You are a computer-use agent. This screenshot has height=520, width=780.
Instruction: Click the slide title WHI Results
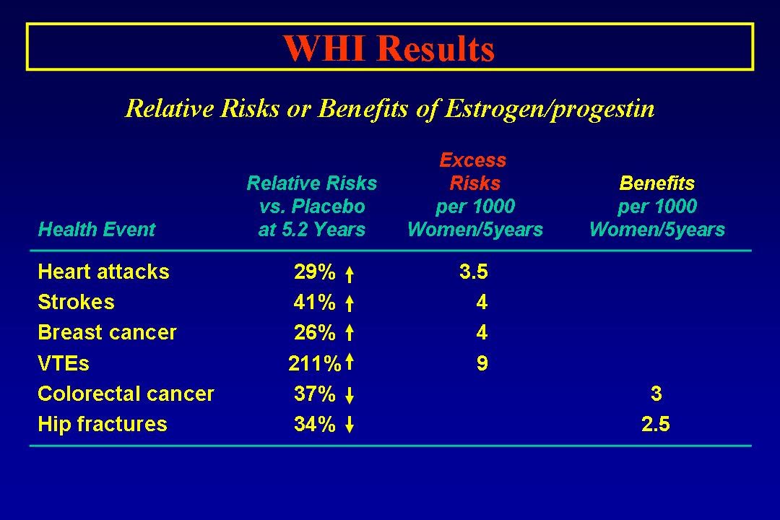pos(389,48)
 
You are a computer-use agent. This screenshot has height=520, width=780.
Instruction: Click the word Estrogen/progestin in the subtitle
pos(549,108)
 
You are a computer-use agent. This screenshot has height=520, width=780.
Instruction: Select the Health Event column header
pos(97,230)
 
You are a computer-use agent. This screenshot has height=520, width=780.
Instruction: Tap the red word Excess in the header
pos(473,160)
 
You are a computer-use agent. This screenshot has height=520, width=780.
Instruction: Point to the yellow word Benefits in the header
pos(656,183)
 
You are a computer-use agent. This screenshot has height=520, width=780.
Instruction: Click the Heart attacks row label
pos(103,272)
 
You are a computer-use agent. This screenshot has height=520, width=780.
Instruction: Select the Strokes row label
pos(76,302)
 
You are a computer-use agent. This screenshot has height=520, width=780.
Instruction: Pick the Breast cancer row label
pos(107,332)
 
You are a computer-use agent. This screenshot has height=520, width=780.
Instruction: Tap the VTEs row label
pos(64,363)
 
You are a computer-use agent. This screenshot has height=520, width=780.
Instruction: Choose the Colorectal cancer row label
pos(126,394)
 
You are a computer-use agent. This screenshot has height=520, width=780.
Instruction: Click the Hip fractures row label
pos(103,424)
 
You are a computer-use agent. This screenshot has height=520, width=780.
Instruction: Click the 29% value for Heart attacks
pos(315,272)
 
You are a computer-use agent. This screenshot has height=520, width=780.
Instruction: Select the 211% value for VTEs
pos(315,363)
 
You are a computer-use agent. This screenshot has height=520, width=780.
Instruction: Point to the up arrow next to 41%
pos(350,303)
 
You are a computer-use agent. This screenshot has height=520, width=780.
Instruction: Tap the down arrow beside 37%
pos(350,395)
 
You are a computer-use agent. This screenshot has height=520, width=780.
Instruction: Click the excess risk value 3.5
pos(474,272)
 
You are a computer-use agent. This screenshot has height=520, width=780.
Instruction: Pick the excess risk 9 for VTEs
pos(482,363)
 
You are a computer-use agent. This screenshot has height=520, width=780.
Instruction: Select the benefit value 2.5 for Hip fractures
pos(656,424)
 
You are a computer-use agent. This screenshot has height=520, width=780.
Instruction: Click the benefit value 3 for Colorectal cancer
pos(656,394)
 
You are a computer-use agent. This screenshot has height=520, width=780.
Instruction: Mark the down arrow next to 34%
pos(350,425)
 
